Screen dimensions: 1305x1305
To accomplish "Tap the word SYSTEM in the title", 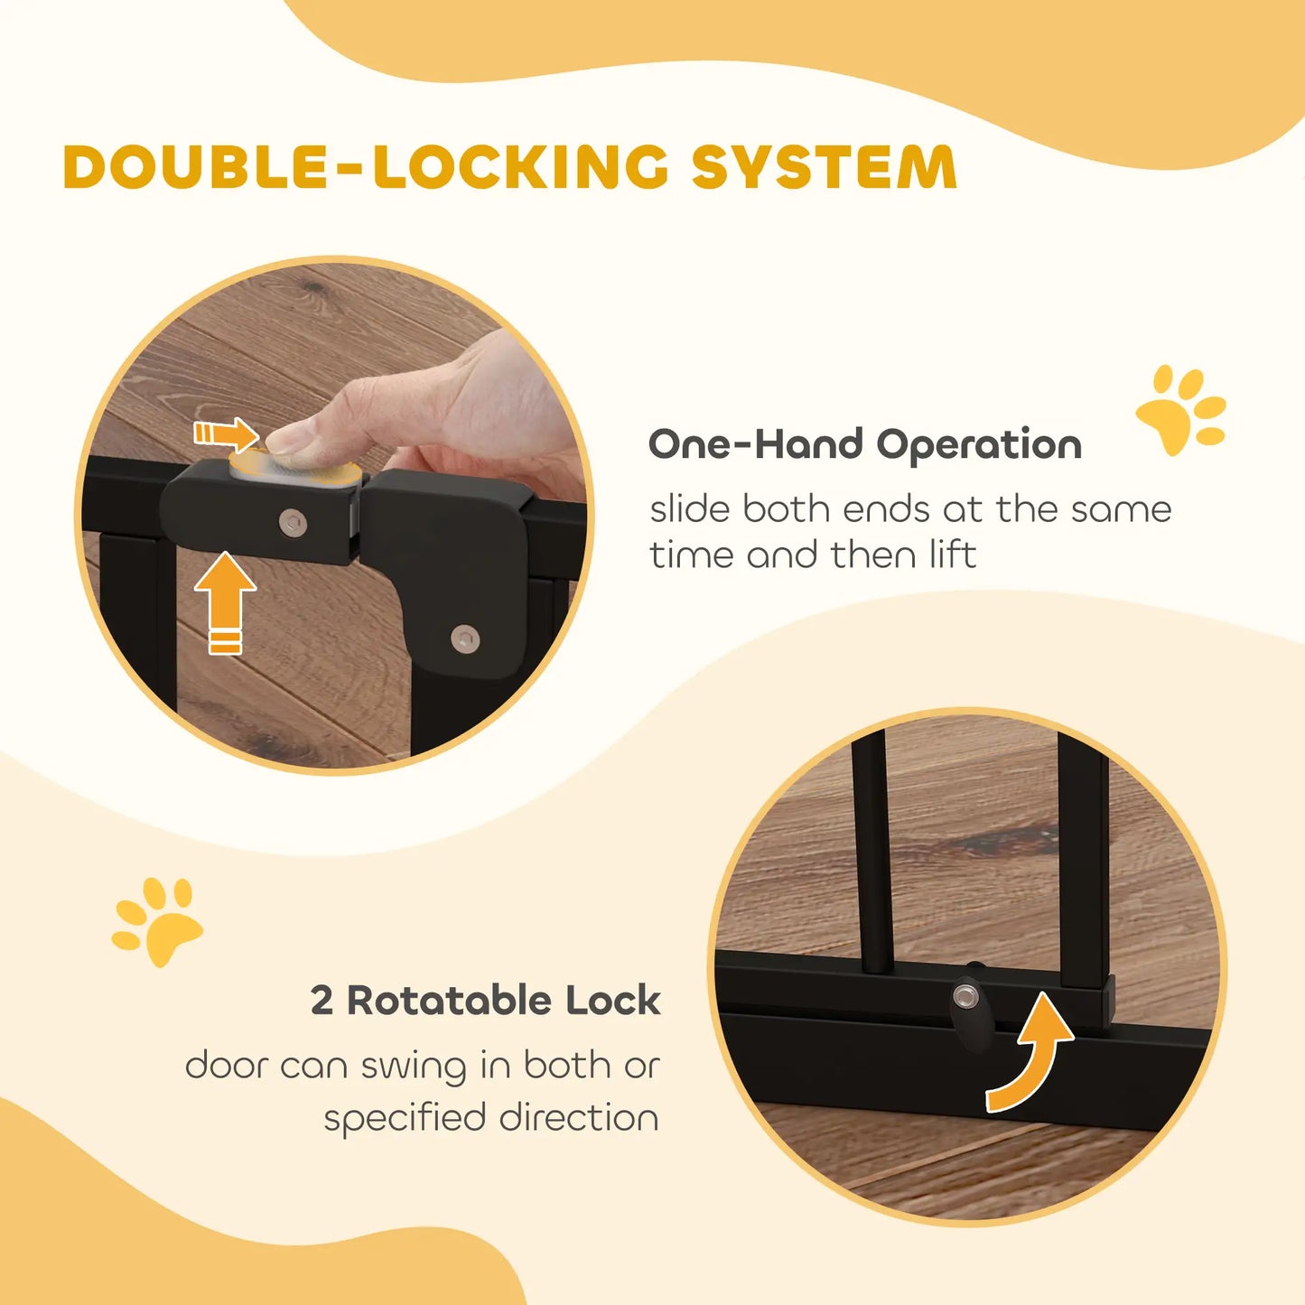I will point(824,167).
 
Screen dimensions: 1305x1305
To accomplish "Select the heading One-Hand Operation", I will point(864,444).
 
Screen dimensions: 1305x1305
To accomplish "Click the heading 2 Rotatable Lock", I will point(485,1001).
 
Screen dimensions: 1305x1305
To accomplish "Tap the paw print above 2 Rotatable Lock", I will point(158,921).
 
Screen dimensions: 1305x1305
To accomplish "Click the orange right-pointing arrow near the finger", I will point(226,434).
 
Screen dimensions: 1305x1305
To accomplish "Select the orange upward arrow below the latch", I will point(225,601).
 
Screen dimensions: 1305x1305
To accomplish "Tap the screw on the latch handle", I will point(292,522).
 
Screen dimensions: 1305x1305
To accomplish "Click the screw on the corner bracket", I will point(465,638).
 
